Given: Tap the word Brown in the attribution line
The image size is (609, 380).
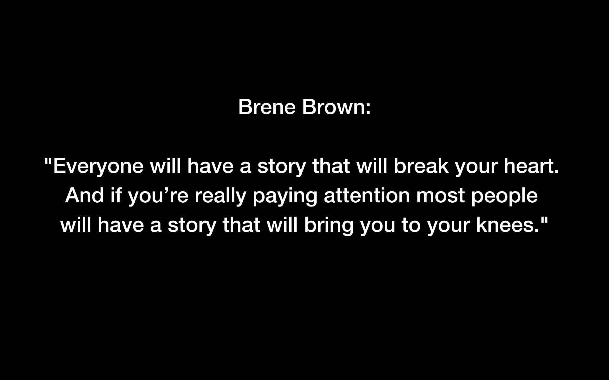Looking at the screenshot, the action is click(x=332, y=107).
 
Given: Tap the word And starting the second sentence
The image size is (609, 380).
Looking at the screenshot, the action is click(x=84, y=195).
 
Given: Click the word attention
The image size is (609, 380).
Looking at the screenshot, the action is click(x=367, y=195).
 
